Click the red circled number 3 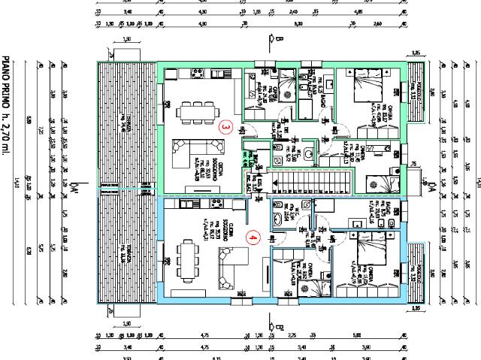[x=226, y=128]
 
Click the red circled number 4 [x=253, y=238]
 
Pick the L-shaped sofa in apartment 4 [x=228, y=268]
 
